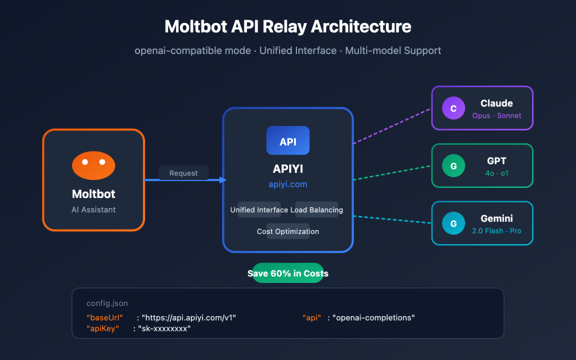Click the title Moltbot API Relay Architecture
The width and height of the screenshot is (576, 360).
pos(287,26)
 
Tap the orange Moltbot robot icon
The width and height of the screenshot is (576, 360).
pos(93,165)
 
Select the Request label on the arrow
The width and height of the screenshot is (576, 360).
pos(183,173)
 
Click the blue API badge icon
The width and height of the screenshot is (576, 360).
pos(287,141)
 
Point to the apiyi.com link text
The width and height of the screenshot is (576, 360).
pos(287,184)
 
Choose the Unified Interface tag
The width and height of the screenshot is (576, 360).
pos(259,210)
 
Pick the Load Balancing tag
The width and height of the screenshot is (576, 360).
pos(317,210)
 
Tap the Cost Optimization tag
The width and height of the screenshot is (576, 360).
pos(287,231)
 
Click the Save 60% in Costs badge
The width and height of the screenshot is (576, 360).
pos(287,273)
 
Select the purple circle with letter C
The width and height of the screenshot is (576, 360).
pos(453,108)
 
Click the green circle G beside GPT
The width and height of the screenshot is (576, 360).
pos(453,166)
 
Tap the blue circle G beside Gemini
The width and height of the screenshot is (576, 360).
pos(453,223)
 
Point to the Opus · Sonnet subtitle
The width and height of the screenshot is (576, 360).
pos(497,116)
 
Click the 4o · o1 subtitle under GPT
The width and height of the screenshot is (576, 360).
pos(497,173)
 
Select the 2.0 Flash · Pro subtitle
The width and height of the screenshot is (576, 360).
pos(497,231)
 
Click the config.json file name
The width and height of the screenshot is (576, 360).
pos(107,303)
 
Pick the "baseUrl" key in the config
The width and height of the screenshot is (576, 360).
pos(105,318)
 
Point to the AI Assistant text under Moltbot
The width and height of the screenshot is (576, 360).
pos(93,209)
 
